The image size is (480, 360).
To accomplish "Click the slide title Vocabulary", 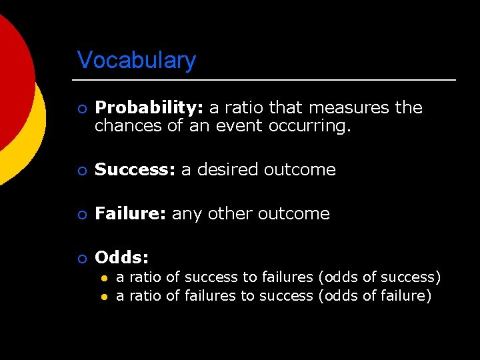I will tap(137, 60).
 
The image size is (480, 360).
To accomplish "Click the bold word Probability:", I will tap(150, 108).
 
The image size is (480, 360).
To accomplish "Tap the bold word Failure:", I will tap(131, 213).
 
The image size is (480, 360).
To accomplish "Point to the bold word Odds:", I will tap(122, 257).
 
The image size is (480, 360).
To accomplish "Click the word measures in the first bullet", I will tap(349, 108).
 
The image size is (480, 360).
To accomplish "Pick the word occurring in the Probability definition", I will tap(309, 125).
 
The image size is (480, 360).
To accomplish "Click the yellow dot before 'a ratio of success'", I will tap(104, 277).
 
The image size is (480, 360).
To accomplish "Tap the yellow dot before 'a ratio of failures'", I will tap(104, 296).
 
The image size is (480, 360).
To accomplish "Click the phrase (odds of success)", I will tap(380, 277).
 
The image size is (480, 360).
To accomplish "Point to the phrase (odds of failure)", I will tap(375, 295).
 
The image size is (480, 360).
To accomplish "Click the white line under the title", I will tap(267, 80).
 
